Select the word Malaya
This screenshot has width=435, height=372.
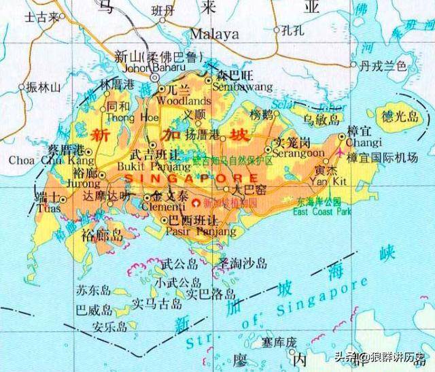click(215, 34)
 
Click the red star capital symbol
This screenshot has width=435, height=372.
click(197, 203)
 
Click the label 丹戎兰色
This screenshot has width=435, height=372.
click(383, 65)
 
